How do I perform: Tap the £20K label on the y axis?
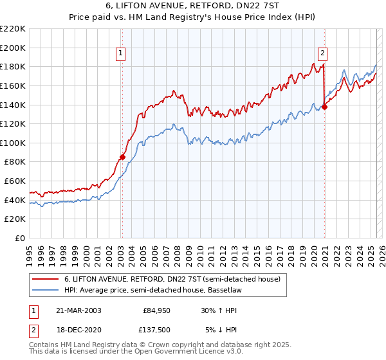(x=15, y=219)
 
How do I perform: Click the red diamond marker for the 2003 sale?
(x=122, y=157)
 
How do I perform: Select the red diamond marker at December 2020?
(x=324, y=107)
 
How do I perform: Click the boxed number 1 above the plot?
(x=122, y=54)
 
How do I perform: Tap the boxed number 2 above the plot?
(x=323, y=54)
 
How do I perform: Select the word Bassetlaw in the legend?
(x=239, y=291)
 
